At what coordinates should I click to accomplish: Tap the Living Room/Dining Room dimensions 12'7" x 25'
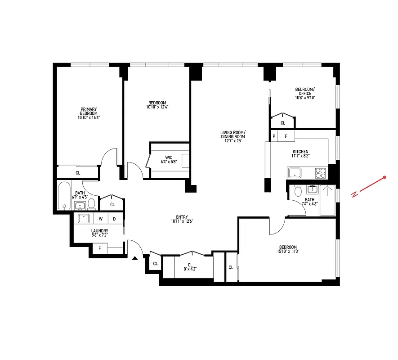click(x=233, y=141)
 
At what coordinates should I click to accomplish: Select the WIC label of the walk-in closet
click(x=169, y=157)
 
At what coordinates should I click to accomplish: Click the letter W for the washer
click(x=101, y=219)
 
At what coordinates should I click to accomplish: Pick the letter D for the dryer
click(x=114, y=219)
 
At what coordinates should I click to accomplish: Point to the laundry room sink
click(x=84, y=219)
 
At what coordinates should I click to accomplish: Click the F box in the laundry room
click(x=99, y=247)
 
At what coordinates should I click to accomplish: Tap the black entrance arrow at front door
click(x=134, y=258)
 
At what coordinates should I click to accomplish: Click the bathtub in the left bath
click(x=64, y=195)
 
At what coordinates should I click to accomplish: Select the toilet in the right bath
click(x=297, y=192)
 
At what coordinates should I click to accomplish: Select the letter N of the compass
click(x=355, y=194)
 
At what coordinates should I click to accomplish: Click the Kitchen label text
click(x=301, y=152)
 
